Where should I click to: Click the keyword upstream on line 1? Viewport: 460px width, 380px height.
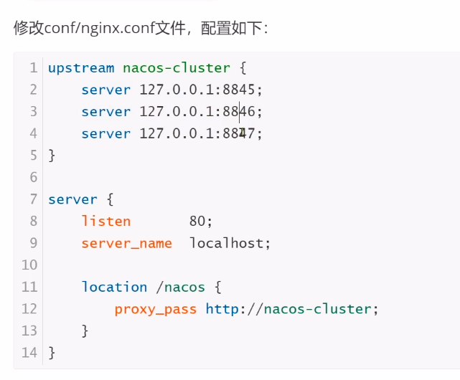pyautogui.click(x=81, y=68)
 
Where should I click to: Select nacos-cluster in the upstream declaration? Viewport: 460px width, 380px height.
pyautogui.click(x=177, y=68)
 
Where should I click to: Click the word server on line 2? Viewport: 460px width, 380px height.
pyautogui.click(x=106, y=90)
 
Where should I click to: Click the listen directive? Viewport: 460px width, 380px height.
pyautogui.click(x=106, y=222)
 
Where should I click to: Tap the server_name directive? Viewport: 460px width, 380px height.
pyautogui.click(x=127, y=243)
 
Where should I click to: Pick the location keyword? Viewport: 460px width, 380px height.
pyautogui.click(x=114, y=287)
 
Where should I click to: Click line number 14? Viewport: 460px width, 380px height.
pyautogui.click(x=29, y=353)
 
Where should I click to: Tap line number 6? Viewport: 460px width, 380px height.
pyautogui.click(x=33, y=178)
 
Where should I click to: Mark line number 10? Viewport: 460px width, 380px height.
pyautogui.click(x=29, y=265)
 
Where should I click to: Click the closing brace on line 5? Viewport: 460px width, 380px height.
pyautogui.click(x=52, y=156)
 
